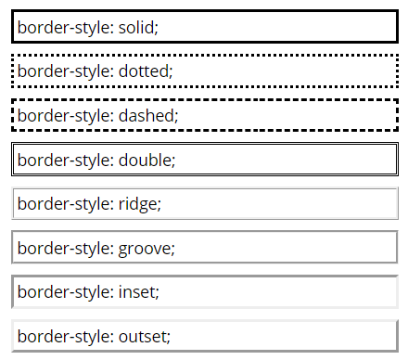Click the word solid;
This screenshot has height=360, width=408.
tap(138, 28)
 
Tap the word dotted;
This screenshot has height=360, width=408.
tap(146, 71)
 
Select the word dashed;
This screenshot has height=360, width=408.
tap(147, 115)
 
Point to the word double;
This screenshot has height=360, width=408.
tap(147, 160)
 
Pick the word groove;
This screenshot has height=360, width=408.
tap(147, 248)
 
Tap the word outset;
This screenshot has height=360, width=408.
tap(145, 336)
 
